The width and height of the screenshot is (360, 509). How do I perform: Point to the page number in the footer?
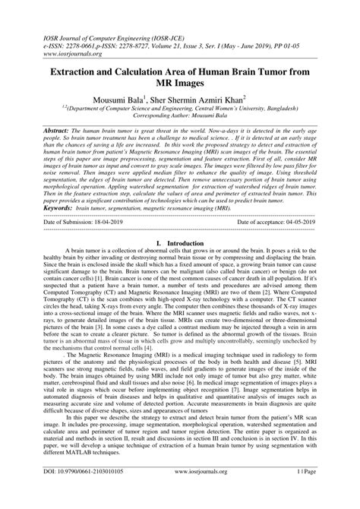[314, 494]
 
